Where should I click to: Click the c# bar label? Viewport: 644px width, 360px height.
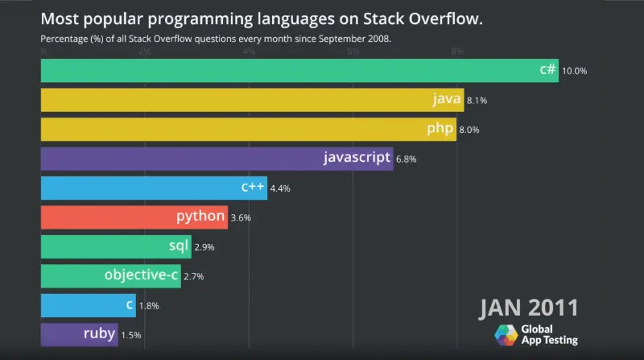click(547, 70)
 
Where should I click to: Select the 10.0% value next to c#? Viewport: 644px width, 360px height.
click(575, 71)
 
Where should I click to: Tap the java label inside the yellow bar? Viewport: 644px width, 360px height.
click(447, 100)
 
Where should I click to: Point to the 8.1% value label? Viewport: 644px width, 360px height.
click(477, 101)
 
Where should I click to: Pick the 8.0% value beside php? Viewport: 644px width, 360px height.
click(471, 130)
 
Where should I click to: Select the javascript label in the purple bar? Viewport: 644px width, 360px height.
click(357, 158)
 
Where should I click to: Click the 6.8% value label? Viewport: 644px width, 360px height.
click(407, 159)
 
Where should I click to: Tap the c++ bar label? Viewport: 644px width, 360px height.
click(253, 187)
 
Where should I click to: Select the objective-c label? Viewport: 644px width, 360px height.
click(140, 275)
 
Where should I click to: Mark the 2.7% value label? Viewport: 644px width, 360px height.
click(194, 276)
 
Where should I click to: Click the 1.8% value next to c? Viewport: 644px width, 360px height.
click(150, 306)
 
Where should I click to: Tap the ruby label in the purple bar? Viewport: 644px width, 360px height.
click(98, 333)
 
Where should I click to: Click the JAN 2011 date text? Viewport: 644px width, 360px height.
click(529, 308)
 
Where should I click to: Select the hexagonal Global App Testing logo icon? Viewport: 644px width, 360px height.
click(506, 335)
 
